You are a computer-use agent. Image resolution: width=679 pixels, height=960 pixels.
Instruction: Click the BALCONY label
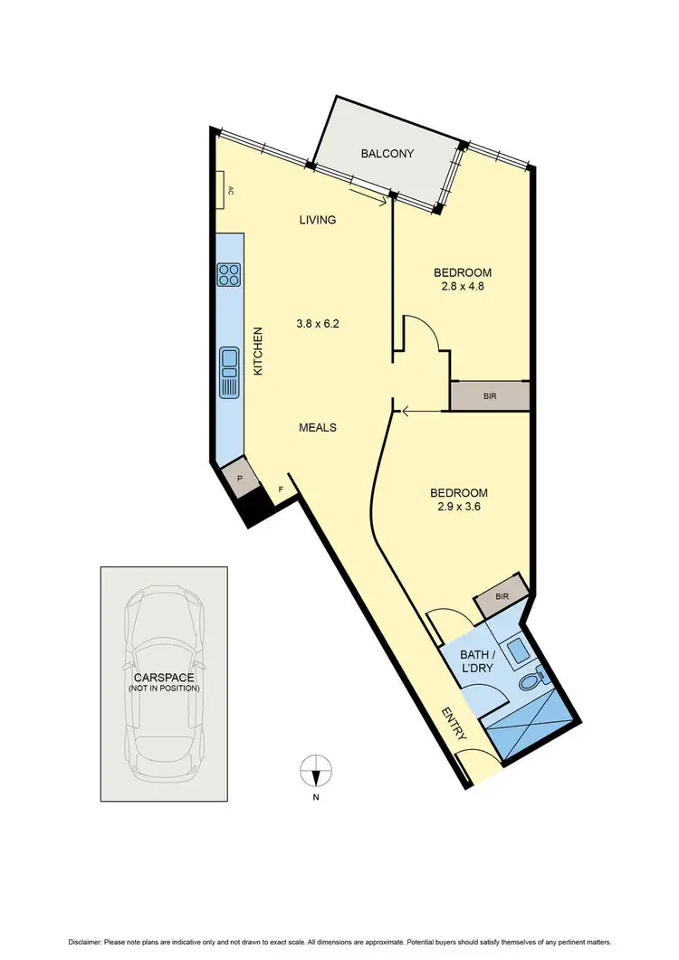(x=387, y=154)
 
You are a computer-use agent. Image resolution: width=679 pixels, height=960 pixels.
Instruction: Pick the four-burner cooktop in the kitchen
(x=228, y=273)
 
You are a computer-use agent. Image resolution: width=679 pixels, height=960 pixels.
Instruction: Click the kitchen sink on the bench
(x=228, y=373)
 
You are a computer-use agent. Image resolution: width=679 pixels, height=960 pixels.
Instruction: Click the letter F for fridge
(x=281, y=491)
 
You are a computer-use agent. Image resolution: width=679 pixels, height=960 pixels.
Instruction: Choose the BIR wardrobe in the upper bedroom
(x=490, y=396)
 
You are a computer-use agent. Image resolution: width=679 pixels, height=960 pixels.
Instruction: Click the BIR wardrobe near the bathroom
(x=502, y=596)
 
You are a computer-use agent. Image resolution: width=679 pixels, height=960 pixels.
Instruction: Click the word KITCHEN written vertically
(x=257, y=352)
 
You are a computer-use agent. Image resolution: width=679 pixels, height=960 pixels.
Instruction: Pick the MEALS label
(x=318, y=427)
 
